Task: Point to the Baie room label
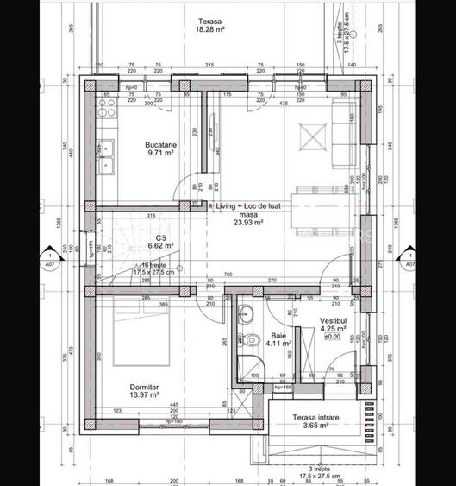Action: [278, 335]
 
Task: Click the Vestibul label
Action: [333, 319]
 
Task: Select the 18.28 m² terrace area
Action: [209, 28]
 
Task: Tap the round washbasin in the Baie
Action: [246, 314]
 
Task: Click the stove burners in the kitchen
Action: [107, 109]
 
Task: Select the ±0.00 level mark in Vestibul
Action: [333, 337]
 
